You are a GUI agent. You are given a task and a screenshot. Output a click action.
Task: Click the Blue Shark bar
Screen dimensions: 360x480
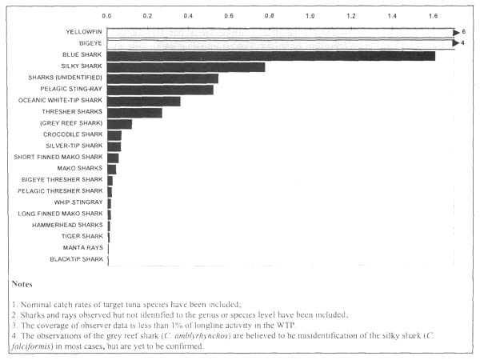(x=270, y=55)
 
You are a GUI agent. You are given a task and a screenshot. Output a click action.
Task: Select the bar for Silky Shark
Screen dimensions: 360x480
(x=186, y=67)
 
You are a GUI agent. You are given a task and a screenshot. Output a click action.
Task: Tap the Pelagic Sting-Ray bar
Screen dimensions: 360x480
(x=160, y=90)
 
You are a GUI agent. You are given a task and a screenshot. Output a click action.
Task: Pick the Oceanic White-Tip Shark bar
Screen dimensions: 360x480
(x=143, y=101)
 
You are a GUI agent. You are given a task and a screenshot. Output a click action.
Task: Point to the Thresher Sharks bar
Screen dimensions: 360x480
(x=134, y=113)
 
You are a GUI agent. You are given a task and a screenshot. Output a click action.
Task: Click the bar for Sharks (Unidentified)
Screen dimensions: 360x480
(x=162, y=78)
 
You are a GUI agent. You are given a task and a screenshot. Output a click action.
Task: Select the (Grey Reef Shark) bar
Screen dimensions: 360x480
(x=119, y=124)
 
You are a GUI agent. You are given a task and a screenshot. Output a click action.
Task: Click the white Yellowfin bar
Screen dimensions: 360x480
(x=280, y=32)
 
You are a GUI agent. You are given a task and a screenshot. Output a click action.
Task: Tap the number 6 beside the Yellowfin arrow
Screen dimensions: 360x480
(x=464, y=31)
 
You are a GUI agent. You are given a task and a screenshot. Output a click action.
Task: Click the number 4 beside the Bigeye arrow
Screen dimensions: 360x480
(x=463, y=42)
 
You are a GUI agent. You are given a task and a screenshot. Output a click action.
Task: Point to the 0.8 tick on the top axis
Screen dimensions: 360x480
(x=270, y=15)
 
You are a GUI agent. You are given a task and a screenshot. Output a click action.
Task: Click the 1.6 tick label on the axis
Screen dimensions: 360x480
(x=433, y=15)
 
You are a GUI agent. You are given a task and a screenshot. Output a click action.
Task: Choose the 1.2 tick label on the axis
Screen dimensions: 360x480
(x=351, y=15)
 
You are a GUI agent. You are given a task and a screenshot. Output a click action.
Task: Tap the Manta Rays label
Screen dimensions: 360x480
(x=82, y=248)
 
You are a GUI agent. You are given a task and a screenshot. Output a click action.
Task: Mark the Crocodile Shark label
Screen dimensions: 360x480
(x=73, y=135)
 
